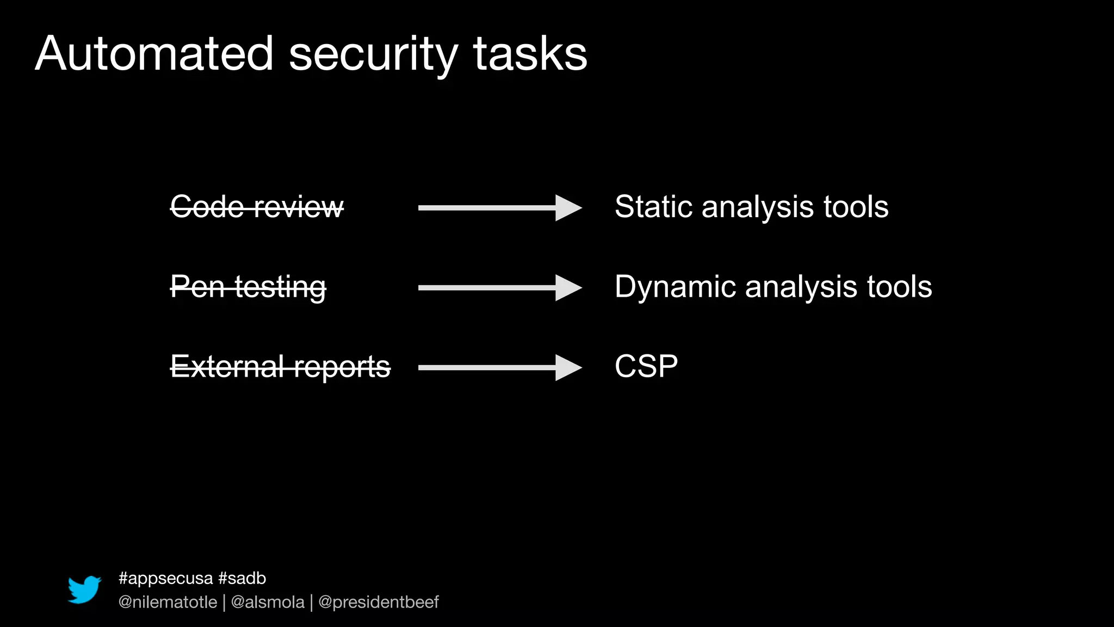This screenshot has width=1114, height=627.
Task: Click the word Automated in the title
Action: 154,54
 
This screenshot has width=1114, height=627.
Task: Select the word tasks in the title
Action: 530,54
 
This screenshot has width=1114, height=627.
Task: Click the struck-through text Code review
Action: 257,207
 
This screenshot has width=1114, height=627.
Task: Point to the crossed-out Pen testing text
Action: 248,287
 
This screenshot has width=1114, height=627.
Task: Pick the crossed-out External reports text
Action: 280,367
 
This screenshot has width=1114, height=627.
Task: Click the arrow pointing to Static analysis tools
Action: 499,207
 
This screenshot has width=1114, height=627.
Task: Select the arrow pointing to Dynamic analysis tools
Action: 499,287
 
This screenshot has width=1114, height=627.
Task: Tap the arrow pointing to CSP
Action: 499,367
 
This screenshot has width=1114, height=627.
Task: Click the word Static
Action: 654,207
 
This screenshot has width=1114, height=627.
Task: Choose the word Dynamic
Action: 675,287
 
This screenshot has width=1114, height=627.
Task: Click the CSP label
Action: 646,366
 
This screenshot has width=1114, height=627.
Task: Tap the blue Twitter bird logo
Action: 84,589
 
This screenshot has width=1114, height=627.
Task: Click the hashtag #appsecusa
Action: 165,578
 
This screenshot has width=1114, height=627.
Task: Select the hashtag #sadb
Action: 242,578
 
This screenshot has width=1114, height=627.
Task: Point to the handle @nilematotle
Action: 168,602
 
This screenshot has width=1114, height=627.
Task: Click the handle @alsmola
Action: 268,602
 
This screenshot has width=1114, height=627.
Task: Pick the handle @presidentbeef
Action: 379,602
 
